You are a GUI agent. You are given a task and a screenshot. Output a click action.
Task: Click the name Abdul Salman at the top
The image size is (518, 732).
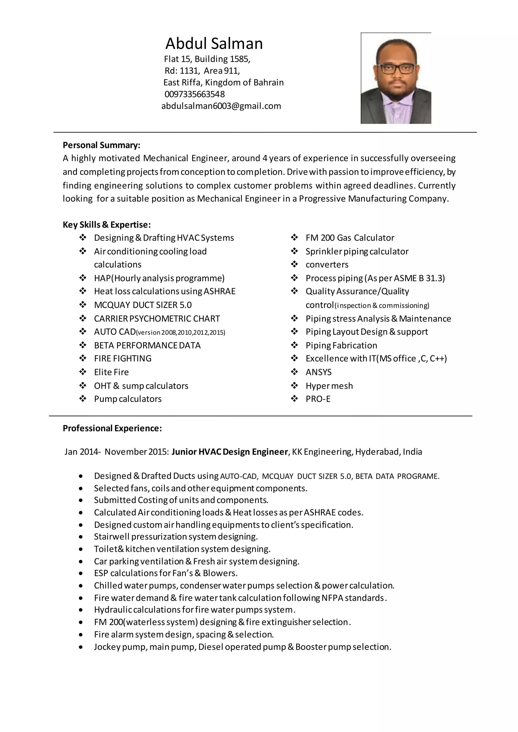tap(214, 44)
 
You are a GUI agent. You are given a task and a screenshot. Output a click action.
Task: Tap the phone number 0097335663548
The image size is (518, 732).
tap(195, 94)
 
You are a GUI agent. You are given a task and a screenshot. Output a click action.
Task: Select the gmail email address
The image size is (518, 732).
tap(221, 106)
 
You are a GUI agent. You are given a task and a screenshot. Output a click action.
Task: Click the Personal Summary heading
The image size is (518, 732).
tap(101, 145)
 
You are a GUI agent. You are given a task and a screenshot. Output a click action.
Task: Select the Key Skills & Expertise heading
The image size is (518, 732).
tap(106, 225)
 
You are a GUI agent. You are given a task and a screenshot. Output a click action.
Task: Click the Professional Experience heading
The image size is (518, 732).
tap(112, 428)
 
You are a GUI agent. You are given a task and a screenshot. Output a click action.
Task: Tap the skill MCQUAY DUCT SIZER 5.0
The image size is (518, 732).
tap(143, 305)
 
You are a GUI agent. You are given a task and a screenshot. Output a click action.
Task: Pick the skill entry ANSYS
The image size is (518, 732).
tap(318, 372)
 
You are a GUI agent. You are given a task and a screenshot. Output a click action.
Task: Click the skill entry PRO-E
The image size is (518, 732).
tap(318, 399)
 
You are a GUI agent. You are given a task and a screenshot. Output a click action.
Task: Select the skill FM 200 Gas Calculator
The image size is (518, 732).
tap(350, 238)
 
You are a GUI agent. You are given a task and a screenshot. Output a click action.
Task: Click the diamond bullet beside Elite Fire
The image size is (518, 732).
tap(83, 372)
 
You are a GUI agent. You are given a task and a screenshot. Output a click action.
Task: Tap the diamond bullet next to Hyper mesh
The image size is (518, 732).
tap(294, 386)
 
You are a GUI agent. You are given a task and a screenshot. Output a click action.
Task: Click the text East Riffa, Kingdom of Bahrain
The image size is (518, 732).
tap(223, 83)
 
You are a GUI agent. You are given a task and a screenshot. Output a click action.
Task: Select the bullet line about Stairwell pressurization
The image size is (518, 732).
tap(176, 537)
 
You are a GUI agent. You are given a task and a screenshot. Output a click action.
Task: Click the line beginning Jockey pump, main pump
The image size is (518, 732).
tap(242, 647)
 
